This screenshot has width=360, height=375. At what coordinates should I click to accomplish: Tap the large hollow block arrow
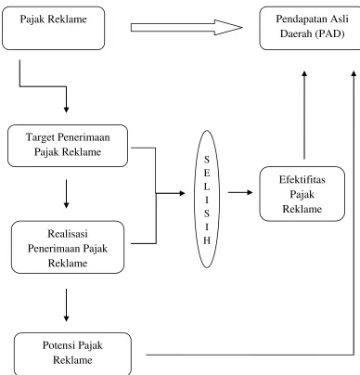(x=186, y=28)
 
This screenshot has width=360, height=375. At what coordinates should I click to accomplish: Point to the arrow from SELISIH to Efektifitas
(x=240, y=192)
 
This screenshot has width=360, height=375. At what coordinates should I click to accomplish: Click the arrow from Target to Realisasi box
(x=66, y=194)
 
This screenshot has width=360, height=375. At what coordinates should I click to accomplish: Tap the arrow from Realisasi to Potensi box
(x=66, y=305)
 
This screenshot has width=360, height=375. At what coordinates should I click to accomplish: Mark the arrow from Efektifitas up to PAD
(x=304, y=115)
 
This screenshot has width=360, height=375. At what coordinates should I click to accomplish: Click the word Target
(x=41, y=137)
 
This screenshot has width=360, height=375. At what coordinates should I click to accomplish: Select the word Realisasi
(x=68, y=233)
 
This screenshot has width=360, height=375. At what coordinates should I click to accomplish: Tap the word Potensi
(x=58, y=345)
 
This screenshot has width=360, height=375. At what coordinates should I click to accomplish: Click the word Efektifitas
(x=302, y=179)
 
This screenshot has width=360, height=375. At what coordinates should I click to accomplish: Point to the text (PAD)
(x=330, y=33)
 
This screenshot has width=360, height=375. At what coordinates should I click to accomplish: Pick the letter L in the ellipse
(x=207, y=187)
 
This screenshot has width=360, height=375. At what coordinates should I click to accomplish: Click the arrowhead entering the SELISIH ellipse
(x=182, y=193)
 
